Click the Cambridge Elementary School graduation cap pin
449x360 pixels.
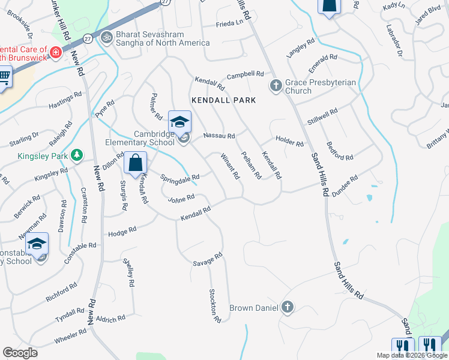(x=179, y=122)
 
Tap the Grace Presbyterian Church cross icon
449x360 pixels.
(x=276, y=85)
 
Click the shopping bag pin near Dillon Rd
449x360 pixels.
(x=136, y=163)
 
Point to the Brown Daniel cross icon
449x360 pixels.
(x=287, y=307)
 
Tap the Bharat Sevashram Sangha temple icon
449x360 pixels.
(x=107, y=37)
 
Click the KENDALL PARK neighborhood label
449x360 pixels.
(x=223, y=100)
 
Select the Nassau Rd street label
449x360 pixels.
(x=218, y=136)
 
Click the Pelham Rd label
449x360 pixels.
(x=250, y=166)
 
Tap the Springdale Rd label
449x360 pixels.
(x=179, y=178)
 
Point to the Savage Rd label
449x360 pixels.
(x=208, y=259)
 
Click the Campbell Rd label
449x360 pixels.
(x=245, y=75)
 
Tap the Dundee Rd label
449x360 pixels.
(x=345, y=183)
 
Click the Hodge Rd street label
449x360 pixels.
(x=122, y=230)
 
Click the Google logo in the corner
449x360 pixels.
(x=20, y=353)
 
